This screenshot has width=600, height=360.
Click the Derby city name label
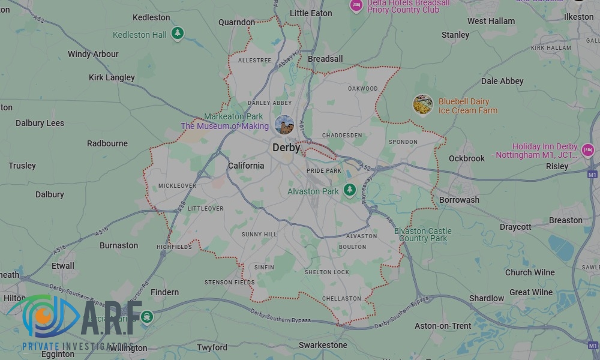286,147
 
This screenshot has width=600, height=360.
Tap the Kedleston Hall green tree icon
177,34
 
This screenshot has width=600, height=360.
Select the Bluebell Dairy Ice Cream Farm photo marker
423,105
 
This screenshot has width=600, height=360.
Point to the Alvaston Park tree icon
350,190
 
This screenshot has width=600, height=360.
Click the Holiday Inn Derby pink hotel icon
587,150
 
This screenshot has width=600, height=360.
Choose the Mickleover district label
177,186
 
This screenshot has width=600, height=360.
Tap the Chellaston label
341,298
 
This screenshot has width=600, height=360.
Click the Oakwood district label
363,89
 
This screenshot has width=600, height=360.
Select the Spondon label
403,142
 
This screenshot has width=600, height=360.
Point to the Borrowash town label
459,200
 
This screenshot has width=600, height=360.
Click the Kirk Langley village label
112,77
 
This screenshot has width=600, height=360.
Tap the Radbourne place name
107,143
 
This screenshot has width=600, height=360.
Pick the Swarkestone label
323,345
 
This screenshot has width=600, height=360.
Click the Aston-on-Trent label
443,326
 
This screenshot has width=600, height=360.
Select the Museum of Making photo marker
284,125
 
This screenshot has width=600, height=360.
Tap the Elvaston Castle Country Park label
423,235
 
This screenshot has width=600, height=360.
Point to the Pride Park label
324,171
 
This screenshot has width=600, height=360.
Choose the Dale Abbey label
502,81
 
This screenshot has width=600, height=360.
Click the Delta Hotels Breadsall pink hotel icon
356,5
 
